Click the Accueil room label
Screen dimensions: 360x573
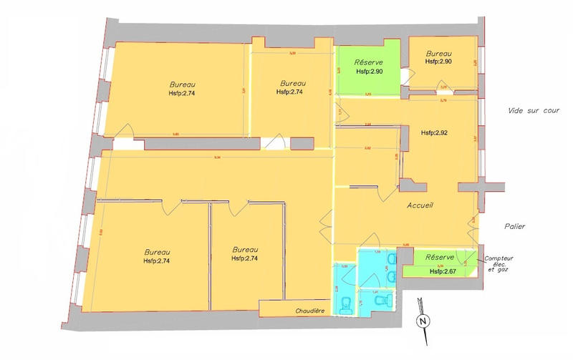point(422,205)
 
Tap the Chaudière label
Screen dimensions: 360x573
point(311,311)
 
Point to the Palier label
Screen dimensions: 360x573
point(514,227)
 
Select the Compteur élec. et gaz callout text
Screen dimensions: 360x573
point(500,264)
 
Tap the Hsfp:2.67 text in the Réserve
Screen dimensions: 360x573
point(443,272)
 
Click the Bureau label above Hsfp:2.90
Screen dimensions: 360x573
point(438,54)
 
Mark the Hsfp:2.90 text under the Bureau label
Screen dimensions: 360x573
point(438,62)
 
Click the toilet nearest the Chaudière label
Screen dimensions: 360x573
point(347,303)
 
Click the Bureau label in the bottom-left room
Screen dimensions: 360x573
point(157,252)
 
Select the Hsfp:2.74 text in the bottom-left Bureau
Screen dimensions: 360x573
point(157,261)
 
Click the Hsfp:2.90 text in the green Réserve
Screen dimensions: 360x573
point(369,72)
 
